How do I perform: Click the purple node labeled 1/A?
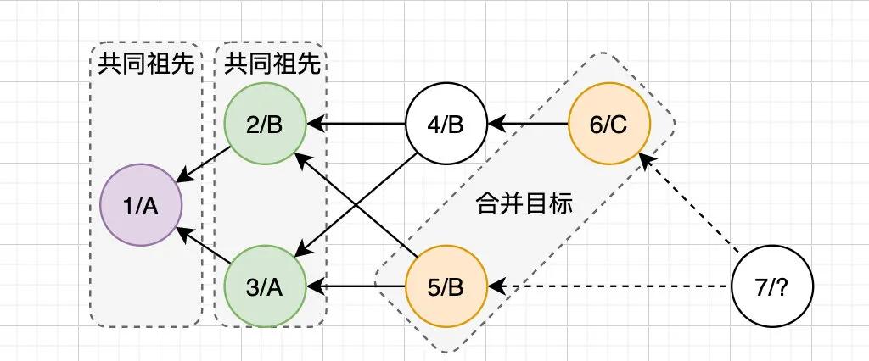click(x=142, y=205)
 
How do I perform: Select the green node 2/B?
click(x=266, y=125)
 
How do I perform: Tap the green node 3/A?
click(x=266, y=287)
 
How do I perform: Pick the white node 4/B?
click(x=446, y=125)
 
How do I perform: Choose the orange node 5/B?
click(x=446, y=287)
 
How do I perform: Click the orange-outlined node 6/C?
click(x=608, y=125)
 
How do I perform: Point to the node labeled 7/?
click(x=771, y=287)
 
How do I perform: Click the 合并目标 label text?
click(x=525, y=204)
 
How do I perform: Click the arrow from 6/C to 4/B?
click(x=528, y=125)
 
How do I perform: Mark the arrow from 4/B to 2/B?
click(x=356, y=125)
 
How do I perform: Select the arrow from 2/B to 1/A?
click(x=204, y=165)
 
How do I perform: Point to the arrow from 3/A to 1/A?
click(x=204, y=246)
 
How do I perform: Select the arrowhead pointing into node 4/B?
click(x=494, y=125)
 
